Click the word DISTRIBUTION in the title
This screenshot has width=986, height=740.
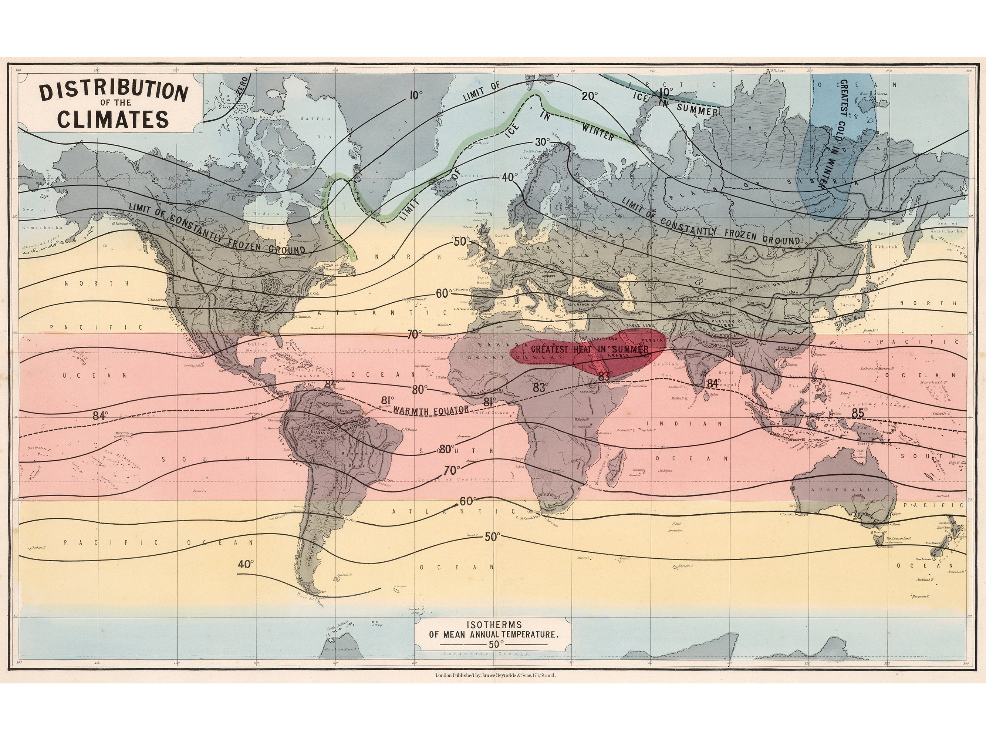tap(113, 91)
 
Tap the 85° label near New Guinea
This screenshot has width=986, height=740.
tap(860, 413)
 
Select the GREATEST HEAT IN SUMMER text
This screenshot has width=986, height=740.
tap(589, 349)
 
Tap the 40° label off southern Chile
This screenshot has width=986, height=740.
tap(246, 564)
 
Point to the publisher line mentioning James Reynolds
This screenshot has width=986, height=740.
tap(495, 688)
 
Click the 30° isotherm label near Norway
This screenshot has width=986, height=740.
tap(543, 142)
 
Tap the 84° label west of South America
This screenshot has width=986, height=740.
tap(100, 416)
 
